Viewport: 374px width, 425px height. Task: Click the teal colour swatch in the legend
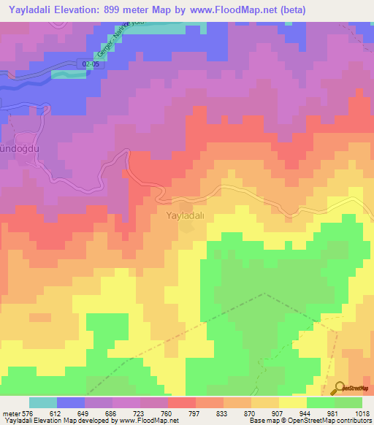coord(43,402)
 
